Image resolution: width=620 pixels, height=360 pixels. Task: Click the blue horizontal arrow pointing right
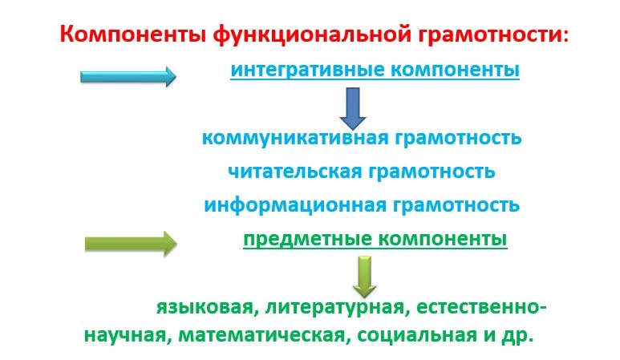[128, 77]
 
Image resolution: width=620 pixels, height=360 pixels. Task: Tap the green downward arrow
[365, 275]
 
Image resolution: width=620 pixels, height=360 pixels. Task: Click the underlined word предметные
[304, 239]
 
